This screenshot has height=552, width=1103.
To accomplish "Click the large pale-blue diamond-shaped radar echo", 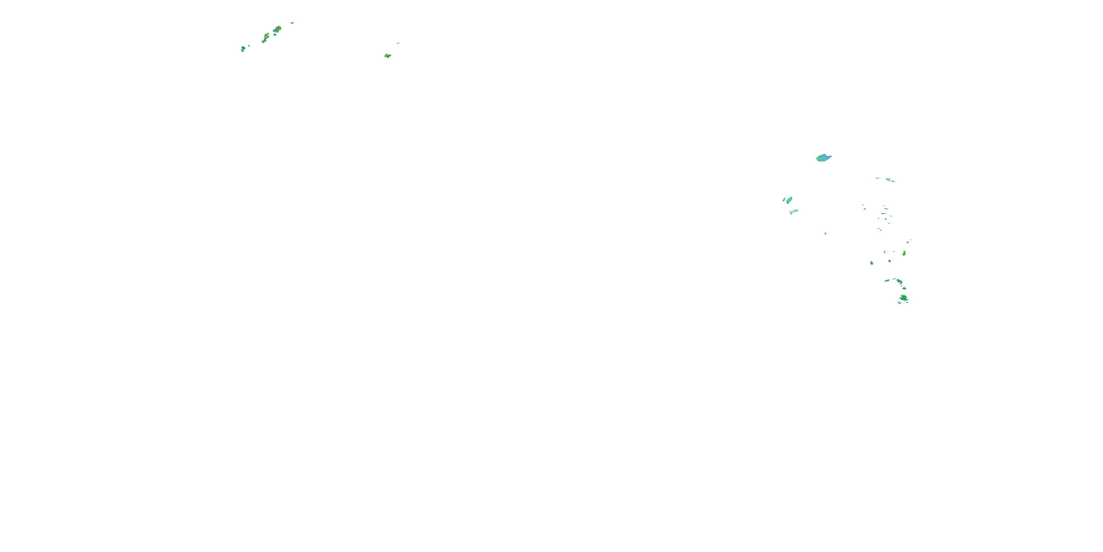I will point(823,158).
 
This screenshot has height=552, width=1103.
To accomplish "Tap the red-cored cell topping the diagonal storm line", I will point(278,29).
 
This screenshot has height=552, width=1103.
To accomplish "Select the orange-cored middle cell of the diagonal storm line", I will point(266,36).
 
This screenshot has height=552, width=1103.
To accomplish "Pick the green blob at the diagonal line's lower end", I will point(243,49).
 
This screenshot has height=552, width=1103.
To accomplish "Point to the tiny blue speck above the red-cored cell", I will point(292,23).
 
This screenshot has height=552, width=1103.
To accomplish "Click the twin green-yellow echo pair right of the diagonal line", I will point(388,56).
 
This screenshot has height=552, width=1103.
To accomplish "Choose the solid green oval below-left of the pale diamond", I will point(789,200).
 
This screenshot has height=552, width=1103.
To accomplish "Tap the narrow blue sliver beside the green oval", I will point(784,199).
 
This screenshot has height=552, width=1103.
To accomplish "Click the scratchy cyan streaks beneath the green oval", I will point(793,211).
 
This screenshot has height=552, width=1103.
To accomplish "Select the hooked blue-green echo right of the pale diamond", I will point(890,180).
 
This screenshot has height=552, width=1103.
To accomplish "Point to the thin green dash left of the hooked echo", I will point(877,178).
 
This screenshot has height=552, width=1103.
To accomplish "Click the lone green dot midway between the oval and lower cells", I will point(825,234).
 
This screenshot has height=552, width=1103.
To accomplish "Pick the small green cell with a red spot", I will point(904,253).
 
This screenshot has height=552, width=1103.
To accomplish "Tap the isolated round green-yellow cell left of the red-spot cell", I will point(871,263).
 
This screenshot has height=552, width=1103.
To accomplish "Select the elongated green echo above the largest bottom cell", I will point(899,282).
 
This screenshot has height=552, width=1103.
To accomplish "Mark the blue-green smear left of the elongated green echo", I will point(887,280).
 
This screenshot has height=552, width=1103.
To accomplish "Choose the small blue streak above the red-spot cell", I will point(908,242).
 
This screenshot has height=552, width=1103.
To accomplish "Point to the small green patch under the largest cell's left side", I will point(899,303).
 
